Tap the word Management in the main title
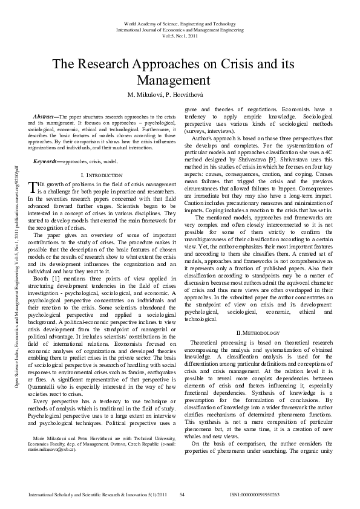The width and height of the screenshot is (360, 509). pos(180,80)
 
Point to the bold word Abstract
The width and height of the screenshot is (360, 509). pos(44,115)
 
